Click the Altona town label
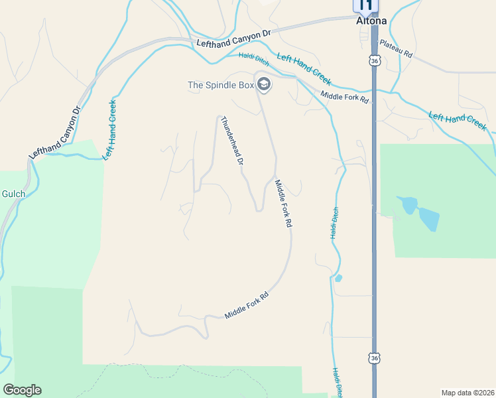372,21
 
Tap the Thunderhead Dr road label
232,141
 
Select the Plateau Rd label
395,50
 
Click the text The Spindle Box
220,84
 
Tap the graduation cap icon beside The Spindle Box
263,84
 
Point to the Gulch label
13,194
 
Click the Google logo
22,390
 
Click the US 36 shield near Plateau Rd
375,61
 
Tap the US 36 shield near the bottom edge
375,358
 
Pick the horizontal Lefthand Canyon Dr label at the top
235,38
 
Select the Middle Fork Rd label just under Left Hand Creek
344,97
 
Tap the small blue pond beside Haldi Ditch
338,278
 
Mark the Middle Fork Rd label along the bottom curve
246,306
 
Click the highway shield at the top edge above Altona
365,5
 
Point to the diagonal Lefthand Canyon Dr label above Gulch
54,132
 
